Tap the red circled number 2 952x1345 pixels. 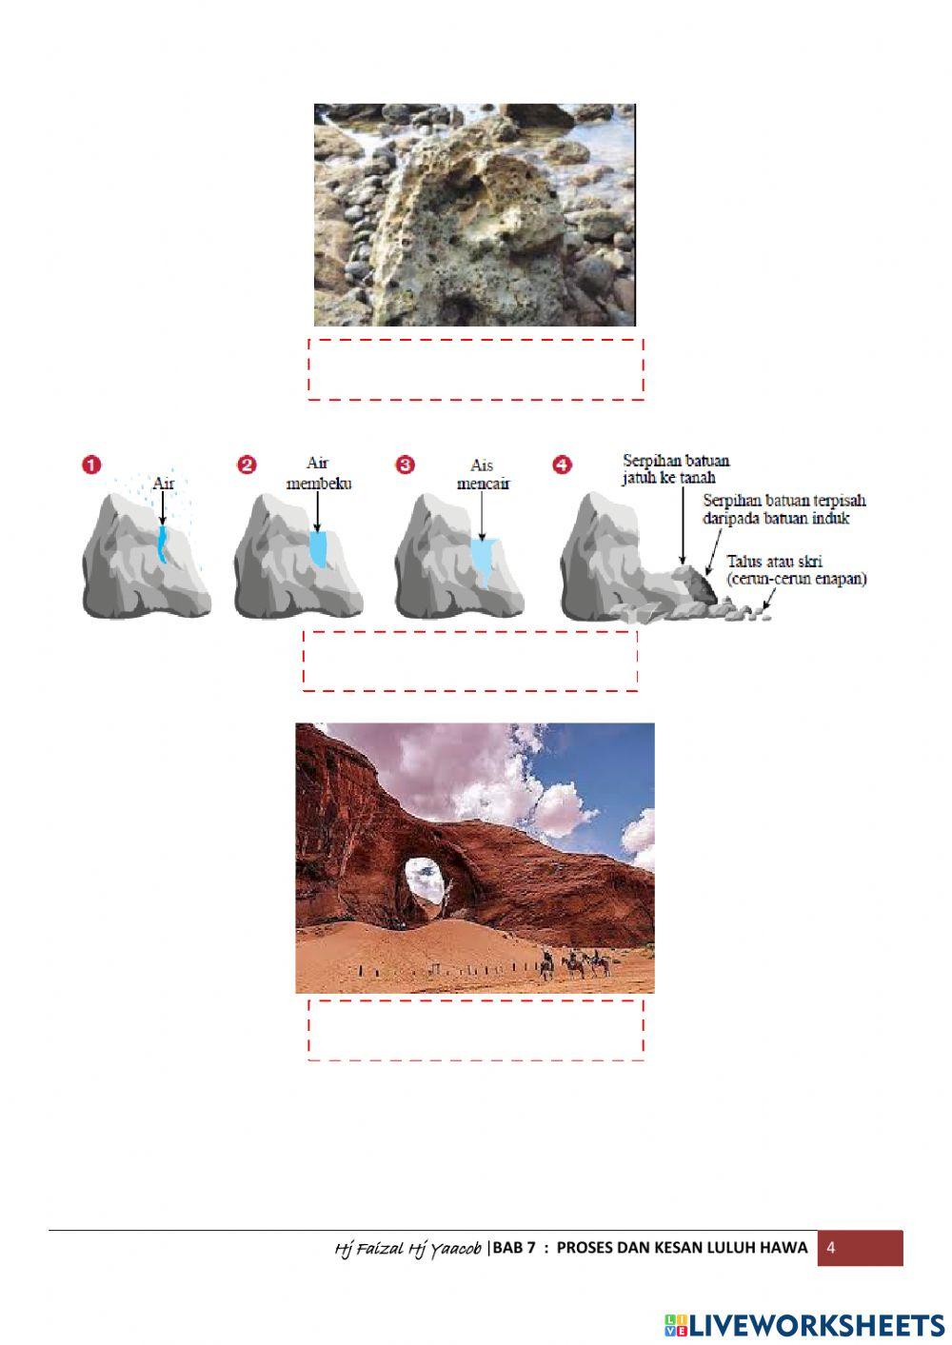(x=248, y=465)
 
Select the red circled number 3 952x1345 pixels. (x=406, y=465)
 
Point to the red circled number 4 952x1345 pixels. (x=563, y=465)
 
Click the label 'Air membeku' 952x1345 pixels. (x=319, y=473)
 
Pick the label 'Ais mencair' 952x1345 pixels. (x=483, y=474)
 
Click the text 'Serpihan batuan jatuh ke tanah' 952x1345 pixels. (x=676, y=469)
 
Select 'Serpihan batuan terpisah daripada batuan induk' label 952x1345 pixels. (x=784, y=508)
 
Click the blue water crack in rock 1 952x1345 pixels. (x=163, y=544)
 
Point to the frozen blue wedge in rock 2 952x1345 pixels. (x=319, y=548)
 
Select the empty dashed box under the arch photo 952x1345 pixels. (x=476, y=1029)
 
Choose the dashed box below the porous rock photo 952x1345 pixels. (x=476, y=368)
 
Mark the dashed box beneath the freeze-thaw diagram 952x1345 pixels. (x=470, y=660)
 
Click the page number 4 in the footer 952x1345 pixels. (x=831, y=1248)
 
